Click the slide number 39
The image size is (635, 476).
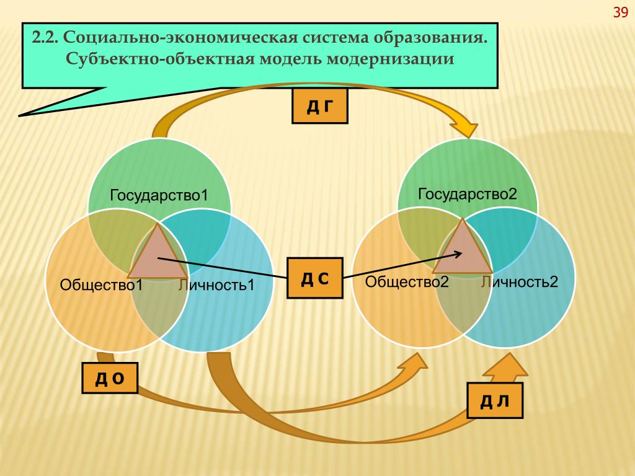click(620, 12)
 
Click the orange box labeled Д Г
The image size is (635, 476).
click(320, 106)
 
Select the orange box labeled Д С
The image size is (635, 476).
click(315, 278)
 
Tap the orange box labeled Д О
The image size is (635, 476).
click(110, 378)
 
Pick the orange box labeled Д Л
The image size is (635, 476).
click(495, 400)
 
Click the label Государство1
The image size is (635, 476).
click(159, 195)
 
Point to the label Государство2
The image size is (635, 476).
click(468, 194)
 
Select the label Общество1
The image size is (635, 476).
click(101, 285)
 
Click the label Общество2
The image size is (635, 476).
click(407, 282)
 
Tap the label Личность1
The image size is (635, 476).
click(216, 285)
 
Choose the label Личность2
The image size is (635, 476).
click(520, 282)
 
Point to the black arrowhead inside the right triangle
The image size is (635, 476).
click(458, 254)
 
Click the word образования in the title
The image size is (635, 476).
click(430, 38)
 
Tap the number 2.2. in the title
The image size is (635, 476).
click(46, 38)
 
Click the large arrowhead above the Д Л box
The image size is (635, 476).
click(506, 366)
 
